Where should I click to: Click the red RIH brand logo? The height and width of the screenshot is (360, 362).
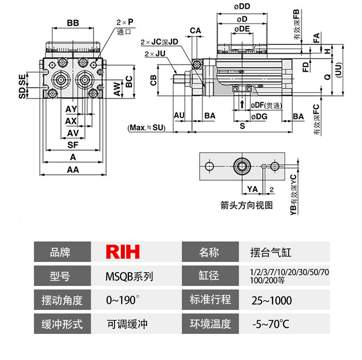click(x=123, y=252)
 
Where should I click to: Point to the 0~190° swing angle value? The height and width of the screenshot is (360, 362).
click(x=123, y=300)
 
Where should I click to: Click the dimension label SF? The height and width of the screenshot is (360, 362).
click(x=72, y=145)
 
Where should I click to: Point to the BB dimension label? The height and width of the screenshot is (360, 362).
click(x=73, y=23)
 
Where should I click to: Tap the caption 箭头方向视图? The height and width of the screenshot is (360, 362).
click(x=247, y=205)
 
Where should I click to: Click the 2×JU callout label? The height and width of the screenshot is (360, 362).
click(x=155, y=54)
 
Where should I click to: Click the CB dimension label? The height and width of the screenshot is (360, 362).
click(x=154, y=81)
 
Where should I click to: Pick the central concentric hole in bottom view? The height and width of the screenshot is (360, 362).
click(x=241, y=166)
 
